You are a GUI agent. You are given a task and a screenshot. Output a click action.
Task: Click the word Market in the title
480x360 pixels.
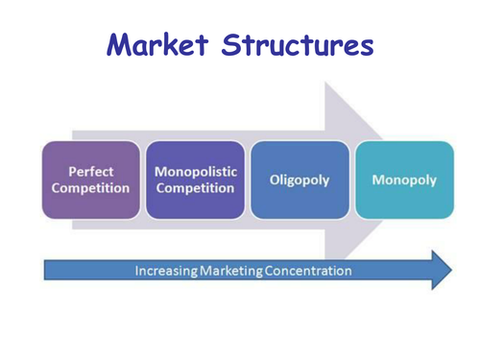[158, 44]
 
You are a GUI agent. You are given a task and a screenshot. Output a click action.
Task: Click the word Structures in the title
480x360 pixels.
[298, 44]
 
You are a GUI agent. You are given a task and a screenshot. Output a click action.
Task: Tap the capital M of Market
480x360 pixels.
[121, 44]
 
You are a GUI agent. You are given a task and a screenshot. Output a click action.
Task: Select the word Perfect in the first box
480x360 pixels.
[90, 172]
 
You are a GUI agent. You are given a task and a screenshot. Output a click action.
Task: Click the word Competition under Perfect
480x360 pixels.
[90, 188]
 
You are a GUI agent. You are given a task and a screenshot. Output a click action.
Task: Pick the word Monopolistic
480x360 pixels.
[195, 171]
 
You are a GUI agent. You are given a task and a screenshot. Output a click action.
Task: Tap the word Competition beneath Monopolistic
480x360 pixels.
[195, 187]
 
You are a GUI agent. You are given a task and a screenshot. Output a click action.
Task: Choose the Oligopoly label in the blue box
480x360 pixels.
[300, 180]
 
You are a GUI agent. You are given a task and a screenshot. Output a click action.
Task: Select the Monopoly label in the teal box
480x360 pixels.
[404, 180]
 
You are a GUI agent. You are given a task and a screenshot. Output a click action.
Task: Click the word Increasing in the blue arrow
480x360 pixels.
[165, 271]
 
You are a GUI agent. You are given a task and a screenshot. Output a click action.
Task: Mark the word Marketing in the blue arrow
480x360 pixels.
[229, 271]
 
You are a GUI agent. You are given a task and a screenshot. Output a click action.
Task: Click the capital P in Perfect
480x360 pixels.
[72, 172]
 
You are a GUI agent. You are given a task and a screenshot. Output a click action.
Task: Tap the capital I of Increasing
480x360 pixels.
[137, 271]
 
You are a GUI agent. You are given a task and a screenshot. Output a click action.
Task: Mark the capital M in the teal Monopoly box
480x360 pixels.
[378, 180]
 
